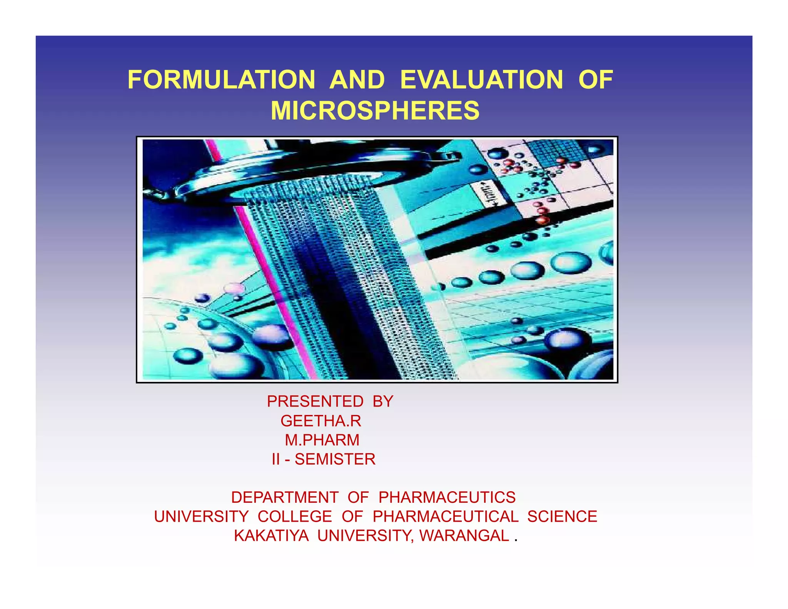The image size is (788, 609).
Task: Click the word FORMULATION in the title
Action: tap(221, 80)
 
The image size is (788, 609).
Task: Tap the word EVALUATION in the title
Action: tap(481, 80)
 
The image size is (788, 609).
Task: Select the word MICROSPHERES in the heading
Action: tap(375, 110)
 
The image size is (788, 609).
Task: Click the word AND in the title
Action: tap(357, 80)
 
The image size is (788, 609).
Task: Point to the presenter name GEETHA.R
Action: tap(321, 421)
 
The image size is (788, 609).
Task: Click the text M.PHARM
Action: tap(322, 440)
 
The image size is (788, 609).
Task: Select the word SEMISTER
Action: tap(335, 459)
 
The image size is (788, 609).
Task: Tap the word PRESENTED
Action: tap(315, 402)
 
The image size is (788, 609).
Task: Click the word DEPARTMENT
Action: tap(285, 497)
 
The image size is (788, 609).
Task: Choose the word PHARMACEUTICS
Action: tap(447, 497)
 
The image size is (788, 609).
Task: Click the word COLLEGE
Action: tap(295, 516)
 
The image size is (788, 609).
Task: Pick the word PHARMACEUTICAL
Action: tap(446, 516)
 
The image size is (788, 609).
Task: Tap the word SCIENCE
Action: tap(562, 516)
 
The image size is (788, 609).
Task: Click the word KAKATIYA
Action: tap(271, 535)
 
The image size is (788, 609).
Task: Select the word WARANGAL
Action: tap(464, 535)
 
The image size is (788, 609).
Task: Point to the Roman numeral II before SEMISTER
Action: tap(276, 459)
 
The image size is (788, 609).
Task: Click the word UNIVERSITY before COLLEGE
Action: tap(201, 516)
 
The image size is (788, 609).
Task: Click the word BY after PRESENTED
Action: tap(383, 402)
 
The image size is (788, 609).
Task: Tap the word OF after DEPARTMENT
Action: tap(358, 497)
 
